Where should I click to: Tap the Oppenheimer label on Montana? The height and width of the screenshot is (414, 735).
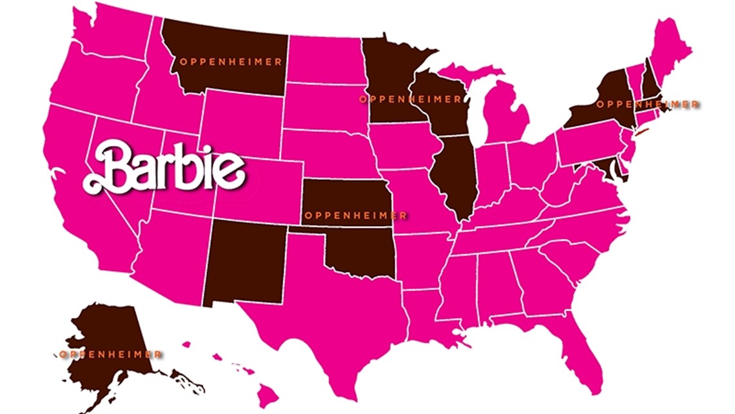tap(230, 62)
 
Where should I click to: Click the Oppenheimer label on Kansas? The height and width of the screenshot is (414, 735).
tap(355, 215)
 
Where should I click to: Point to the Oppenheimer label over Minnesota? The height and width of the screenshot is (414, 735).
tap(410, 99)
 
